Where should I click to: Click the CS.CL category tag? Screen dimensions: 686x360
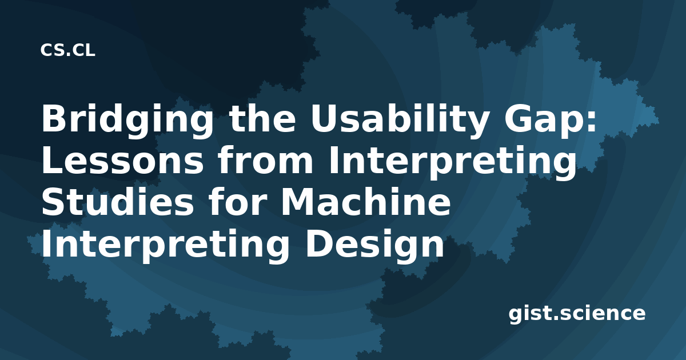(67, 50)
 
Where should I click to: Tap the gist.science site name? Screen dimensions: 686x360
(577, 314)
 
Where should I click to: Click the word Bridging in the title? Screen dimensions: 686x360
(127, 121)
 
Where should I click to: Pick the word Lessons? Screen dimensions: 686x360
(122, 161)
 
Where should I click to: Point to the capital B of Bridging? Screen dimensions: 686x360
(54, 118)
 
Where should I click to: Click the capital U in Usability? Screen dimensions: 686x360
(324, 119)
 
